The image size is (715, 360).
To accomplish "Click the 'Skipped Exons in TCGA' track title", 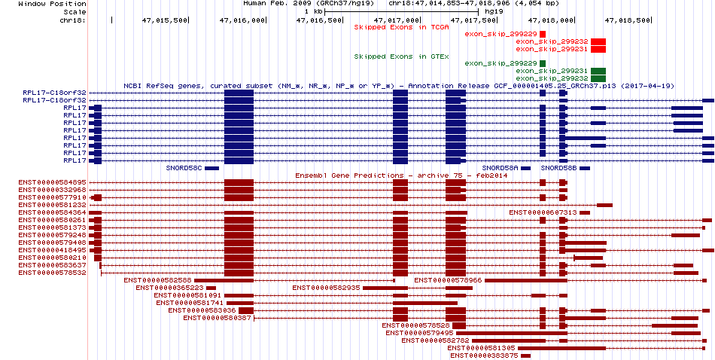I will [401, 27].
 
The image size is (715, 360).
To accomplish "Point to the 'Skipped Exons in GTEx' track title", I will [401, 56].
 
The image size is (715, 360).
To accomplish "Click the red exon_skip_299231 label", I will [562, 49].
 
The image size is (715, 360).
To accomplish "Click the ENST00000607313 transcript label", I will [543, 212].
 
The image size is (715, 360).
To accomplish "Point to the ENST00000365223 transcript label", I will [169, 288].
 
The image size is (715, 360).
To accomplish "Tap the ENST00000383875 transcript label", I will [484, 355].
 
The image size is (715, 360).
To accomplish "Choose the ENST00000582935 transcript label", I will [326, 288].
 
